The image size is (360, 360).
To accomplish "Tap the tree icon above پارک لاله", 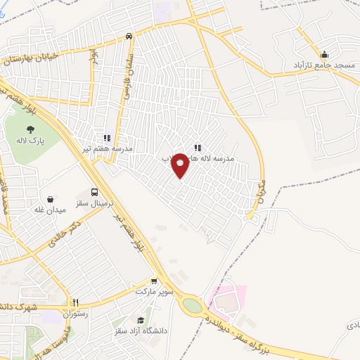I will (31, 129).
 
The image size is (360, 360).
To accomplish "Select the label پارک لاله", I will (31, 141).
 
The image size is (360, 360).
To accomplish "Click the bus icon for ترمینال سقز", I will (94, 193).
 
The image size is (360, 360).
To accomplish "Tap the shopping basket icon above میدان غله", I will (50, 198).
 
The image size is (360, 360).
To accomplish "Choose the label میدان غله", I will (49, 210).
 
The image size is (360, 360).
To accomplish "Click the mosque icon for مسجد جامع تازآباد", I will (324, 55).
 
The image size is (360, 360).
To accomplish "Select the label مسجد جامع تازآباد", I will (324, 65).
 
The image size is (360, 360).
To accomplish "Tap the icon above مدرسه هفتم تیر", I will (107, 139).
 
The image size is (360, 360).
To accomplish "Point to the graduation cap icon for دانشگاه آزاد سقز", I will (148, 320).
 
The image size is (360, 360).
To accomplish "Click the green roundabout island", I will (191, 307).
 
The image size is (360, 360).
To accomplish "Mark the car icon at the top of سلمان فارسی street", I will (129, 35).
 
